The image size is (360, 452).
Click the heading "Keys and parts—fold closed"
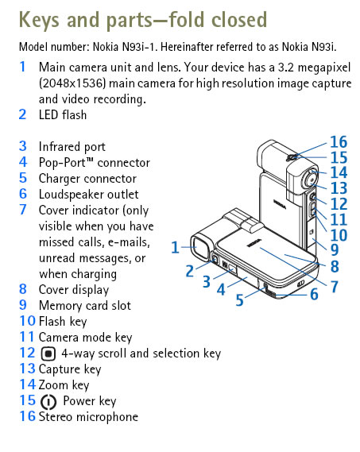(143, 18)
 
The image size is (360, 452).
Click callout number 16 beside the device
(339, 143)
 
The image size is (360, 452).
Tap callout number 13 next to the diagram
(339, 188)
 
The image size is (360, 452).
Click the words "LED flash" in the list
(63, 115)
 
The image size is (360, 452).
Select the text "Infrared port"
(72, 147)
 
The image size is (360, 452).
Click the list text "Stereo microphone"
(88, 417)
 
